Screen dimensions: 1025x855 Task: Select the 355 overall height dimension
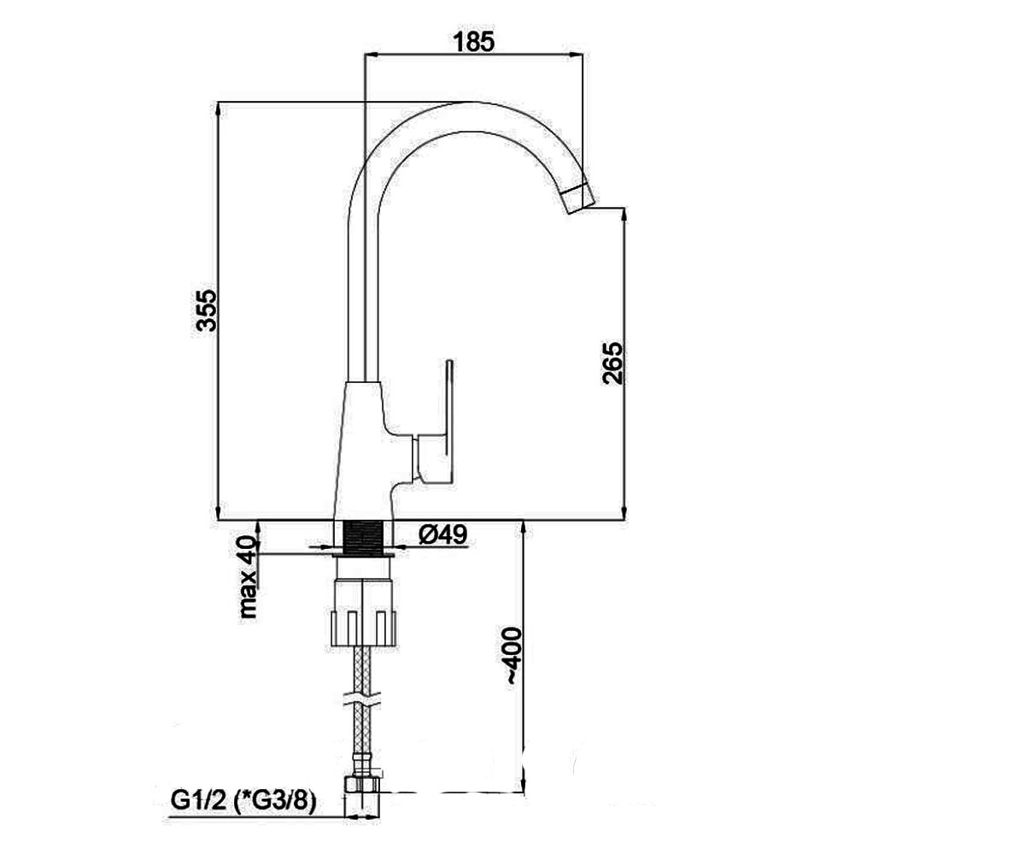point(205,310)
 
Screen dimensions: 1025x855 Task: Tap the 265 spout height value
point(612,363)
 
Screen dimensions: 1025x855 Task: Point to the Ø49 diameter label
point(442,534)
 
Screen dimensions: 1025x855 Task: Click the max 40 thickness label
point(249,576)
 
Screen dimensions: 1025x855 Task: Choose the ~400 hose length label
point(513,656)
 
